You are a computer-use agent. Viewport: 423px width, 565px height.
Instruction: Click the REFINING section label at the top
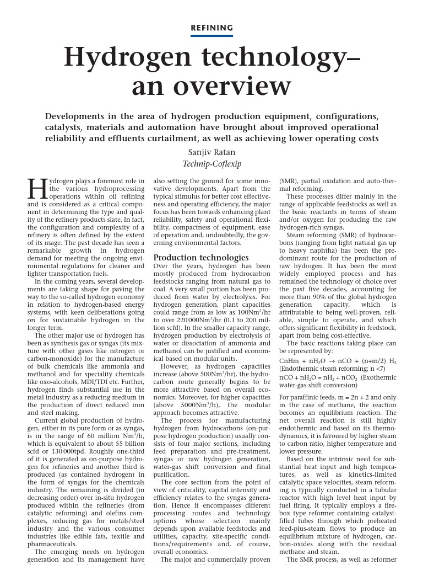[x=211, y=28]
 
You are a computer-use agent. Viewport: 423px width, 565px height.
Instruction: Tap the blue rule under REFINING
[x=211, y=35]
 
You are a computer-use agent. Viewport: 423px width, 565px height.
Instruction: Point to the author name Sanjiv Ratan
[x=211, y=153]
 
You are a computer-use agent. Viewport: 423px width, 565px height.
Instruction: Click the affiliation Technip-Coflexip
[x=211, y=164]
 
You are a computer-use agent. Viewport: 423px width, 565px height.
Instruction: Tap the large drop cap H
[x=37, y=189]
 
